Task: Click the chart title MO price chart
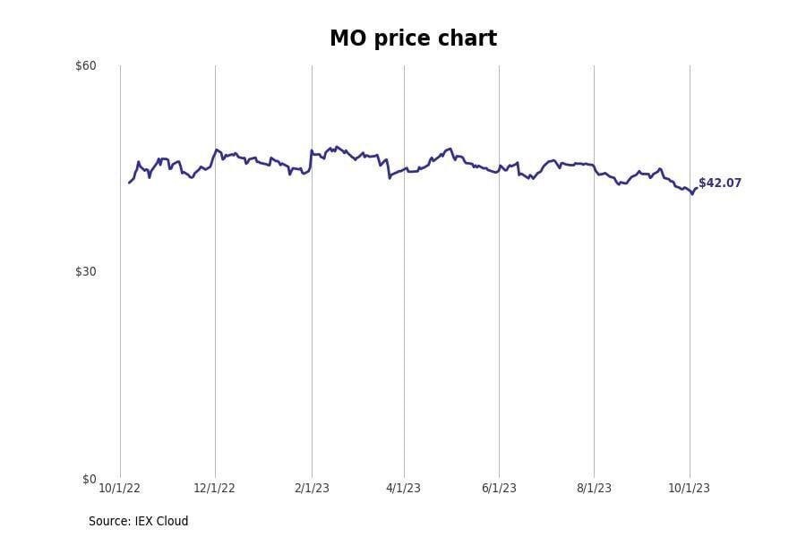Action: (413, 39)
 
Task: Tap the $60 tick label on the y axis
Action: (86, 65)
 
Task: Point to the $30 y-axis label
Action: (86, 271)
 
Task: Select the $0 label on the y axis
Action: (90, 479)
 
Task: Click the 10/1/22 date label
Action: (119, 488)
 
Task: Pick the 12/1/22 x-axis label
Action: (215, 488)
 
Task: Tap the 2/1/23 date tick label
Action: (311, 488)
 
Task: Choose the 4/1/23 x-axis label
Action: (403, 488)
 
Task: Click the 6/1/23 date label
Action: (499, 488)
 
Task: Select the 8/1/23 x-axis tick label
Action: (594, 488)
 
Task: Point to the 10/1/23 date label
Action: (689, 488)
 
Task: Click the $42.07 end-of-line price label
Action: (720, 183)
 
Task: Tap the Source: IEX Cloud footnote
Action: (139, 521)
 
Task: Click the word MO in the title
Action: (345, 39)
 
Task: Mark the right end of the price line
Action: (696, 188)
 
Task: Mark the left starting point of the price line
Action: (129, 183)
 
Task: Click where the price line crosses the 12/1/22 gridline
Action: (215, 151)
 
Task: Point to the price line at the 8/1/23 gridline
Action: (594, 166)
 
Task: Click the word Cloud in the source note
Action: (174, 521)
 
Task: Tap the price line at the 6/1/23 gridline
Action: (499, 167)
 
